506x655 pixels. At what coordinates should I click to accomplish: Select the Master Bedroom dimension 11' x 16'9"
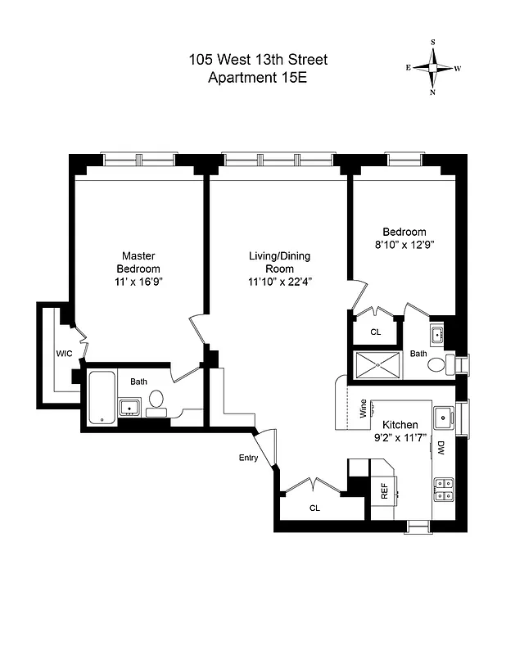[x=138, y=281]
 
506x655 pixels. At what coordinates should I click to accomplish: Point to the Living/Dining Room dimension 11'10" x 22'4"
[x=279, y=281]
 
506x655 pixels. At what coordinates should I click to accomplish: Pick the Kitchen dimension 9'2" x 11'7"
[x=400, y=438]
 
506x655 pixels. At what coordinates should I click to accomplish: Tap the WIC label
[x=65, y=354]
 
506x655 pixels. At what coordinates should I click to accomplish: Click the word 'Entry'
[x=248, y=458]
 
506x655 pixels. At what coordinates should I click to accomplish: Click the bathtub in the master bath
[x=102, y=396]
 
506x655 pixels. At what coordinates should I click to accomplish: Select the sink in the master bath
[x=129, y=407]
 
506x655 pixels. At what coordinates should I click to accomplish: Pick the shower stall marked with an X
[x=377, y=364]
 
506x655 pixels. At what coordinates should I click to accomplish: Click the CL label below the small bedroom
[x=376, y=332]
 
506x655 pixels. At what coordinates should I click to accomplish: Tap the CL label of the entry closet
[x=314, y=508]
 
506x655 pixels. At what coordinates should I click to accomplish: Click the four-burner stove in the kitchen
[x=443, y=489]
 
